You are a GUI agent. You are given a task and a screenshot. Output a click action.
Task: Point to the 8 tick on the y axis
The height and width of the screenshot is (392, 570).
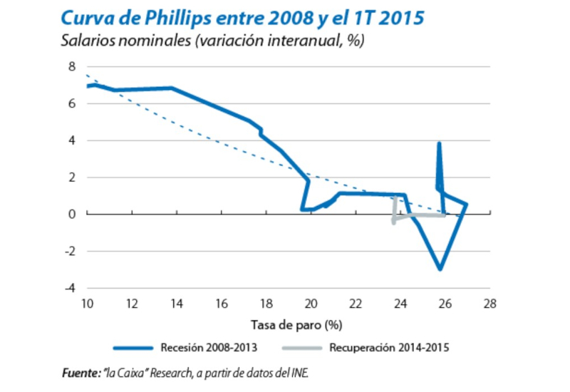(71, 66)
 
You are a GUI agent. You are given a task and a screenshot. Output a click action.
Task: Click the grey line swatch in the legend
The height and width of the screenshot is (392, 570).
(302, 349)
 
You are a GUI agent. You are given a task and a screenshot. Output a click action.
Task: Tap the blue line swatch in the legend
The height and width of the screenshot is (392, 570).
(133, 349)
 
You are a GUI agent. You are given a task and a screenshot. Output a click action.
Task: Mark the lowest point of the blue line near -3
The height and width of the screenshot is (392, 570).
(440, 269)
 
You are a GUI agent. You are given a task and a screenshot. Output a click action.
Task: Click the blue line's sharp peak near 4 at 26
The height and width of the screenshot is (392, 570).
(439, 143)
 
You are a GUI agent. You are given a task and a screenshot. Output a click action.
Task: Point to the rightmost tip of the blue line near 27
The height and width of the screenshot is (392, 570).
(466, 205)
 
